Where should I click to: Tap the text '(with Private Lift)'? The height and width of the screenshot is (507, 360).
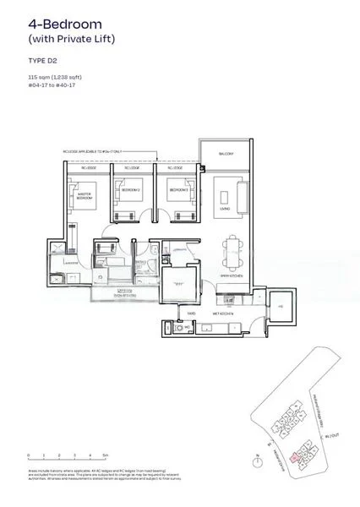pos(71,39)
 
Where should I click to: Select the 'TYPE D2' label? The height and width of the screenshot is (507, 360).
pos(41,62)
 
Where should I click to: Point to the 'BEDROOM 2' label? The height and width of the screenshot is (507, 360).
pos(128,191)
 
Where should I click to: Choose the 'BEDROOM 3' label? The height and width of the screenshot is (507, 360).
pos(178,191)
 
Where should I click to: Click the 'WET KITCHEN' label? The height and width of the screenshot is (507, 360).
pos(227,313)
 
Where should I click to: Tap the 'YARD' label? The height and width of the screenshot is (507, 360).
pos(192,313)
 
